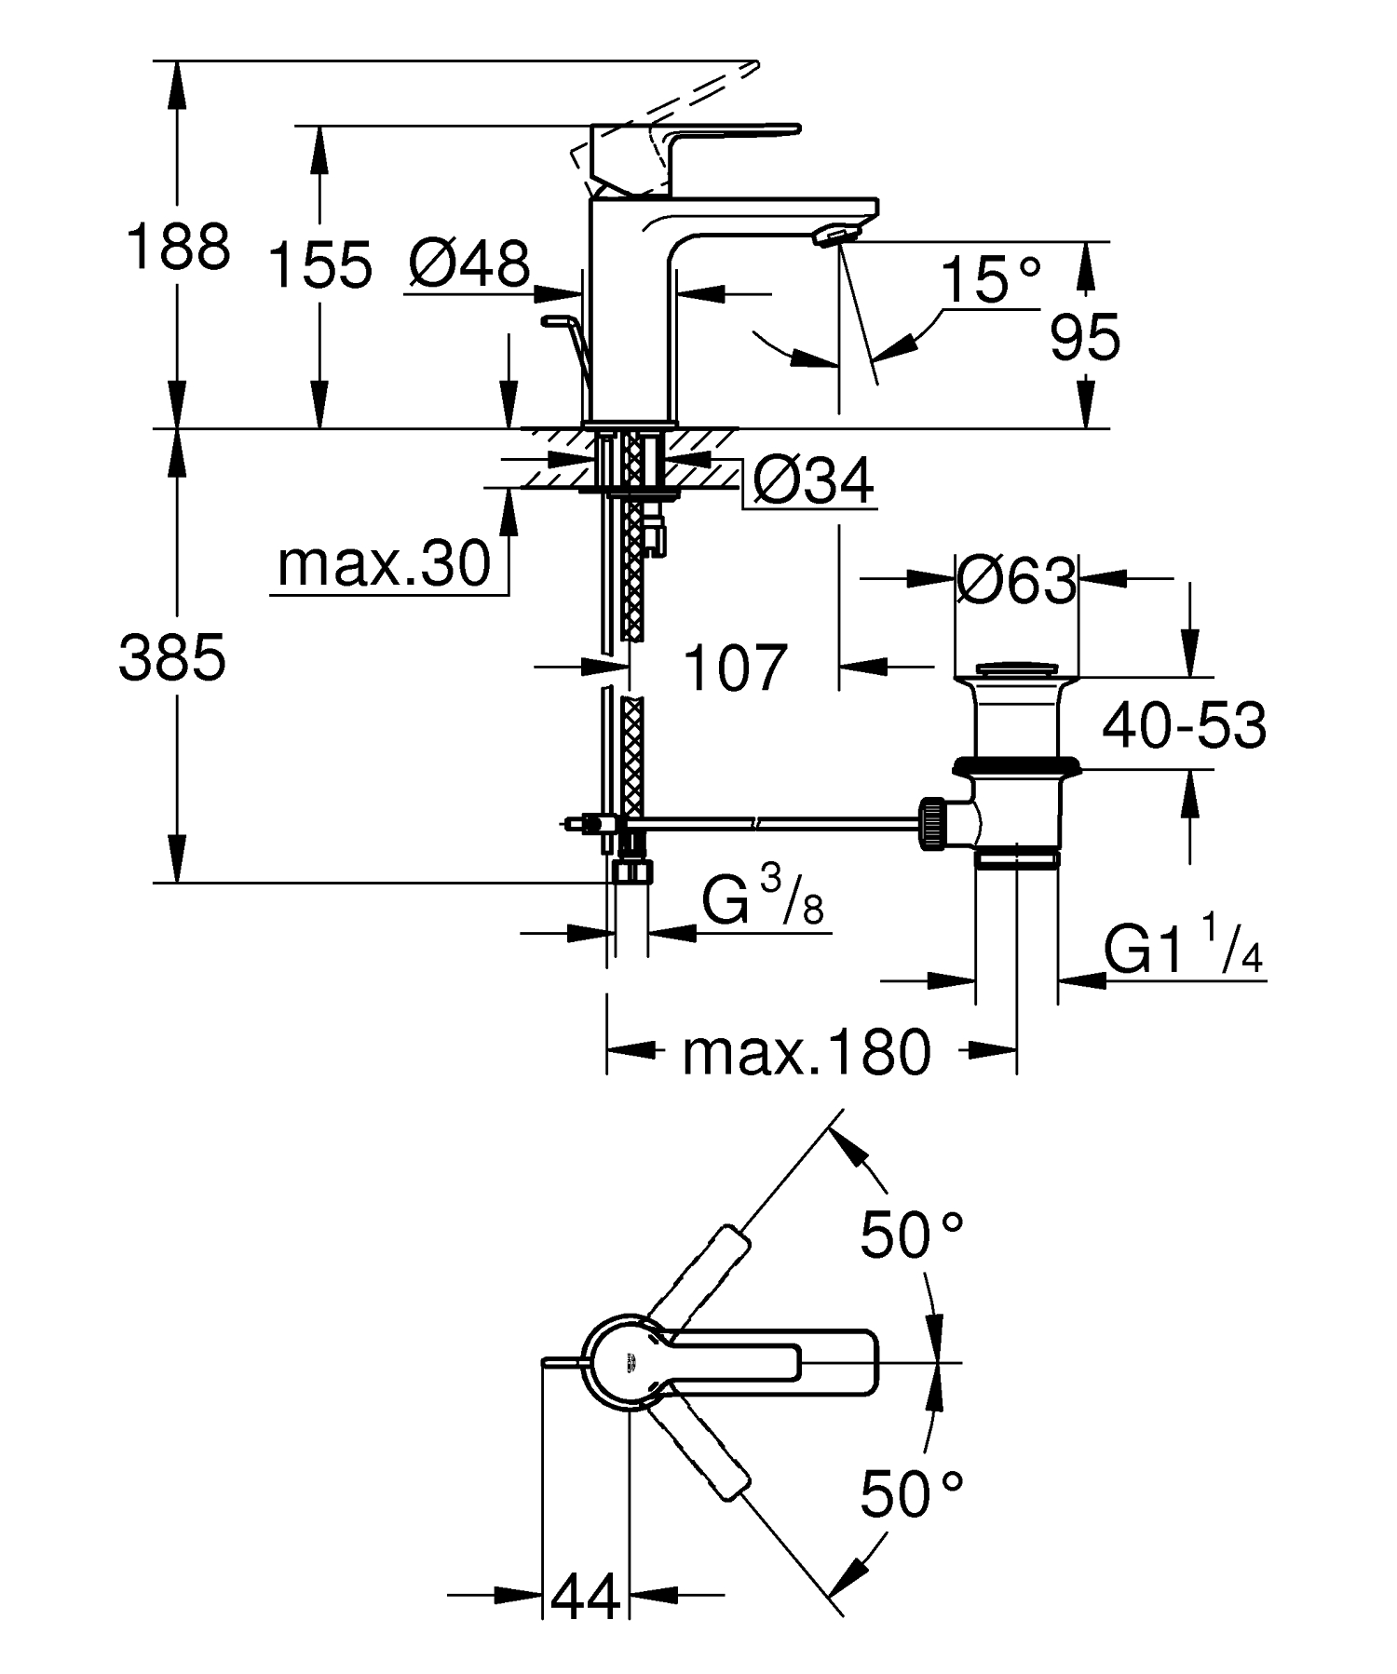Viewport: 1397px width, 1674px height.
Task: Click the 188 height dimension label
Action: click(178, 248)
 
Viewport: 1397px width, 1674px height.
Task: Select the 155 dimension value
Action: click(319, 264)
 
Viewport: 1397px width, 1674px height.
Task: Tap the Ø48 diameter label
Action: click(469, 264)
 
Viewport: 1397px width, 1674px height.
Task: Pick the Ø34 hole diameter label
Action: click(814, 481)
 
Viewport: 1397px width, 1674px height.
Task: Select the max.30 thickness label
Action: click(385, 564)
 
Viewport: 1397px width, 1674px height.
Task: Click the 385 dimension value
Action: click(172, 658)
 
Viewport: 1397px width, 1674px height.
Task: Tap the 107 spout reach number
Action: click(735, 668)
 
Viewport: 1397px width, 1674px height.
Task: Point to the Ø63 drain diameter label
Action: click(1016, 582)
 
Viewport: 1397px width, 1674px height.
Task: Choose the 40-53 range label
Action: click(1184, 726)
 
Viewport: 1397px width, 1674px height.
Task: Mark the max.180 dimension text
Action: click(807, 1053)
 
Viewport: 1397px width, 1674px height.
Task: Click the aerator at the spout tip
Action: click(834, 236)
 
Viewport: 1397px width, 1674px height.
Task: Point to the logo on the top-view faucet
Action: click(629, 1366)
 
